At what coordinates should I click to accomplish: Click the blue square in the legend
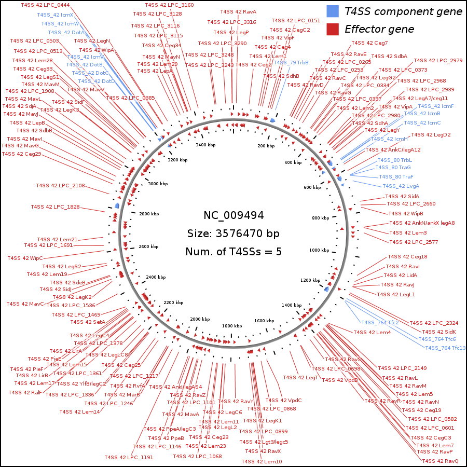tap(333, 11)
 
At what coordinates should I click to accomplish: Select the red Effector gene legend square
tap(333, 29)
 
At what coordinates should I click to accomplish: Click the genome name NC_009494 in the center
tap(233, 215)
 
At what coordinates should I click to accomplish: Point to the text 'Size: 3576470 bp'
tap(233, 233)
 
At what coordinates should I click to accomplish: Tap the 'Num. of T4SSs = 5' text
tap(233, 252)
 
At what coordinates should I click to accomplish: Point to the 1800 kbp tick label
tap(231, 325)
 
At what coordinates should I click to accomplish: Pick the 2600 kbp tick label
tap(148, 246)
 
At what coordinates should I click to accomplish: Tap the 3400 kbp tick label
tap(205, 145)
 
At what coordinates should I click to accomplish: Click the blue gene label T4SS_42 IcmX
tap(55, 15)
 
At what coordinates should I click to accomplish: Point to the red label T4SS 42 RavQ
tap(440, 461)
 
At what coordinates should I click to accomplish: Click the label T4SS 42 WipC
tap(25, 258)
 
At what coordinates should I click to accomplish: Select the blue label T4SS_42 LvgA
tap(401, 186)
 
